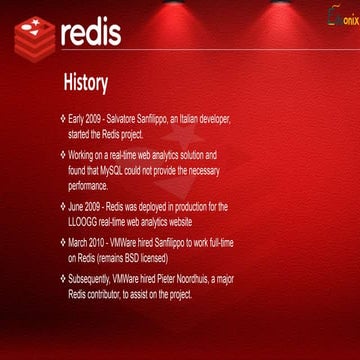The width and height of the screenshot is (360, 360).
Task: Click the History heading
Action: [x=86, y=79]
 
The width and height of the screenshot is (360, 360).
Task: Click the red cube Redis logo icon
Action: [x=34, y=38]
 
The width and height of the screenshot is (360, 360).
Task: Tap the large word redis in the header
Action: [x=91, y=32]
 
